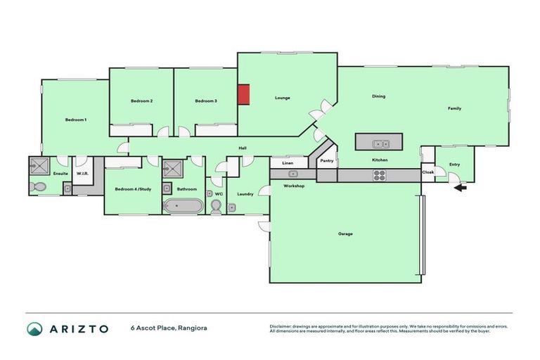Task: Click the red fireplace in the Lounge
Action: (243, 94)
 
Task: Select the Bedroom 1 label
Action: (76, 120)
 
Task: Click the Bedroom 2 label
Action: (141, 101)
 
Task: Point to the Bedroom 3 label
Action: (205, 101)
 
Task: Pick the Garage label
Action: (345, 233)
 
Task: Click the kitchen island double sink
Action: (381, 143)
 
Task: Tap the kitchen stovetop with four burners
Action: (380, 176)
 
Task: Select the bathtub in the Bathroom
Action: (183, 207)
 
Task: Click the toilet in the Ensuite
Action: (38, 188)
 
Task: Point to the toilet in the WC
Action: (216, 205)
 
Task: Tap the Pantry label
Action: (326, 161)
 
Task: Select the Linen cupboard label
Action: (287, 162)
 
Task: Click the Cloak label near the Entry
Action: (427, 172)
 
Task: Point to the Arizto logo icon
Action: (34, 328)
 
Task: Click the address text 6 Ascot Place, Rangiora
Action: (168, 328)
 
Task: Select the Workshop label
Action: (293, 186)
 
